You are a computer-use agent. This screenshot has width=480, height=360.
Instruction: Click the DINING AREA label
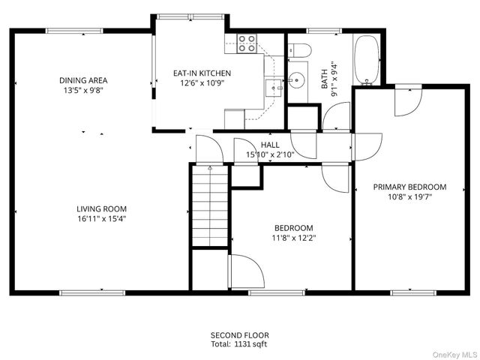[83, 80]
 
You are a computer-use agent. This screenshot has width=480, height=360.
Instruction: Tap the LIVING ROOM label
[101, 209]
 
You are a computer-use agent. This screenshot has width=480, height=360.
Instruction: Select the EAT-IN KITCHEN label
[202, 73]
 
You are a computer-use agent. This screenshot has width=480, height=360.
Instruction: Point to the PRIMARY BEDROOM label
[409, 187]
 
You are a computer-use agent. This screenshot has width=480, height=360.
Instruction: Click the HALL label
[270, 145]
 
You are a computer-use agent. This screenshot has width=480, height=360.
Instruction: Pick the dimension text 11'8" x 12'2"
[293, 238]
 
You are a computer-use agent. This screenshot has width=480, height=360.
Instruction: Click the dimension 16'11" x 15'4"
[101, 219]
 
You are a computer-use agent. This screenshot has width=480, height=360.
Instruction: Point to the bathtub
[367, 60]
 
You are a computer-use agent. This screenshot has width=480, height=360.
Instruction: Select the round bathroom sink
[298, 77]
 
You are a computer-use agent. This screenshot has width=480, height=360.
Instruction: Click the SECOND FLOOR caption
[239, 335]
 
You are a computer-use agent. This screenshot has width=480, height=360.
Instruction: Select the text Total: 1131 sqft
[239, 344]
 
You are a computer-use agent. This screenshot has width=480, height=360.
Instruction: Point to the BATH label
[325, 75]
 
